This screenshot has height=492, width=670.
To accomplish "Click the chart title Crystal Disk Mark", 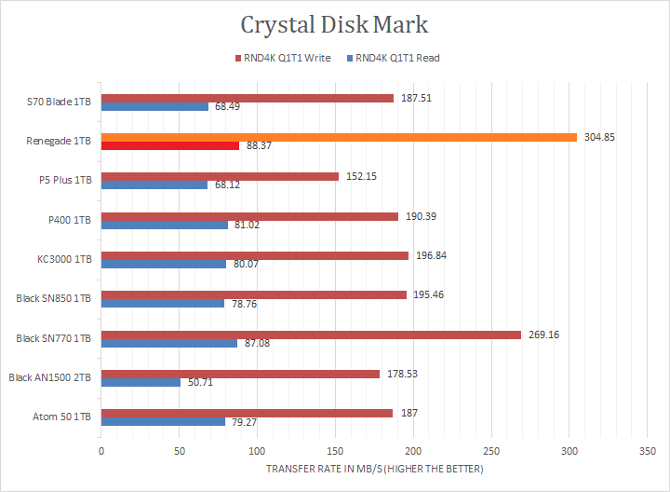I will point(335,24).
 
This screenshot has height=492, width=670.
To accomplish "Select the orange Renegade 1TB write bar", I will point(339,137).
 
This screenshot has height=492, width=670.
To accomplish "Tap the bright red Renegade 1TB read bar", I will point(169,145).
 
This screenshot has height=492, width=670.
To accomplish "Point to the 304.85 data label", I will point(599,137).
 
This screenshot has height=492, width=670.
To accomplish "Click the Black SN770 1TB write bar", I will point(311,335).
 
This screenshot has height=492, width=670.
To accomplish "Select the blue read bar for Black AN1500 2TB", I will point(141,382).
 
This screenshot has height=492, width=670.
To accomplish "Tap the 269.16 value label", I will point(543,335).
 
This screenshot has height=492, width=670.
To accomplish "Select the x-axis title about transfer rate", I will point(374,468).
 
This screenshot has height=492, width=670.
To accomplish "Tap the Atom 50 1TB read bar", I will point(163,421).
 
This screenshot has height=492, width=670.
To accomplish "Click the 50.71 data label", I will point(199,382).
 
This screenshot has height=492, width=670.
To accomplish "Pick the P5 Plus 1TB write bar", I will point(220,176).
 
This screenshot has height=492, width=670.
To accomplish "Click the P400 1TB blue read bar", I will point(164,225).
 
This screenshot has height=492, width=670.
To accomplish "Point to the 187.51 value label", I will point(415,98).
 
